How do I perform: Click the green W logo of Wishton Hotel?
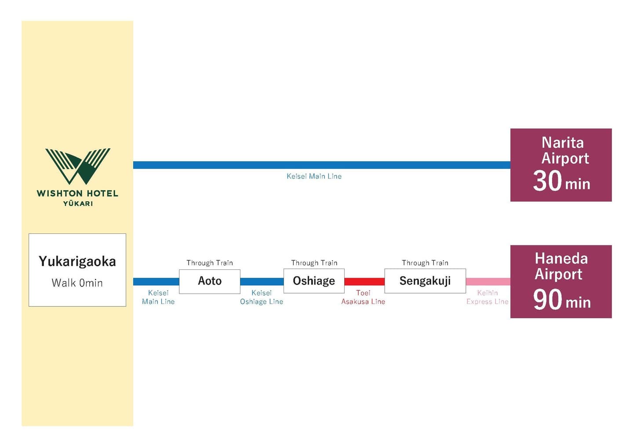tap(78, 166)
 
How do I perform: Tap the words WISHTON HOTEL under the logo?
tap(77, 193)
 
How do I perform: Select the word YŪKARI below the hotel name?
tap(78, 204)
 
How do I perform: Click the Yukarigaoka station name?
tap(77, 261)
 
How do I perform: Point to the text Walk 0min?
tap(77, 283)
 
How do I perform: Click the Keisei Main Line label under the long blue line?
tap(314, 176)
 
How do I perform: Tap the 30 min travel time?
tap(561, 181)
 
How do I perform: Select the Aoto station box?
tap(210, 281)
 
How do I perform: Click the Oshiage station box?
tap(314, 281)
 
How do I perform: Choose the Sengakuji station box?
tap(425, 281)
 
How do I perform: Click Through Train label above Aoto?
tap(210, 263)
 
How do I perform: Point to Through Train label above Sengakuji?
tap(425, 263)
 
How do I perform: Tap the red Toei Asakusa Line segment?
tap(364, 281)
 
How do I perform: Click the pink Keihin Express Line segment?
tap(488, 281)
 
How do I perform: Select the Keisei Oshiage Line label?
tap(262, 297)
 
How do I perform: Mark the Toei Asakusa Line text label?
tap(363, 297)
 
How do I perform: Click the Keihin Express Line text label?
tap(487, 297)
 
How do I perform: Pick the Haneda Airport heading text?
tap(560, 266)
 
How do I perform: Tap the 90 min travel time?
tap(561, 300)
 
